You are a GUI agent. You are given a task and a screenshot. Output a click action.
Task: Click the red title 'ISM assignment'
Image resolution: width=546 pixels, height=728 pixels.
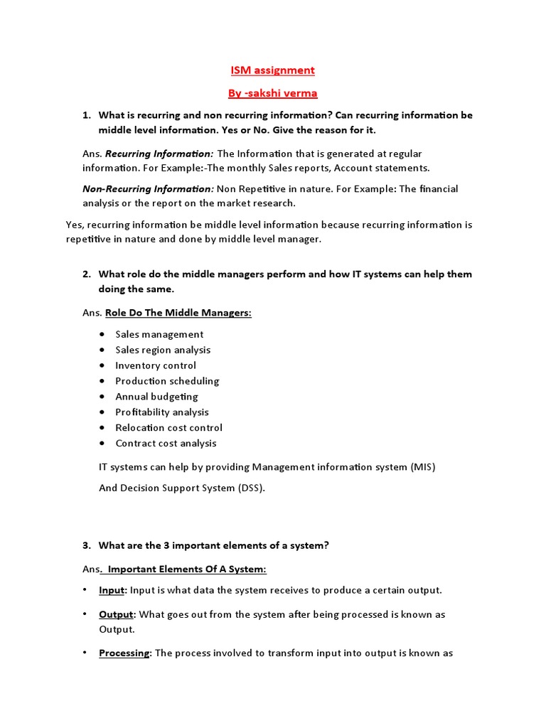(272, 70)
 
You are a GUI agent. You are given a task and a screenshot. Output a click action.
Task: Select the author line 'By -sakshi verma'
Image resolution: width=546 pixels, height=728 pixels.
(272, 92)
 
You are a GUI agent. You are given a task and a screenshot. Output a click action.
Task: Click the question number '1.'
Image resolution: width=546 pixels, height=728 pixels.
(87, 115)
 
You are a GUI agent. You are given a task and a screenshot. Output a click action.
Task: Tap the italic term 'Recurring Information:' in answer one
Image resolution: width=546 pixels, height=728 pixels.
(159, 154)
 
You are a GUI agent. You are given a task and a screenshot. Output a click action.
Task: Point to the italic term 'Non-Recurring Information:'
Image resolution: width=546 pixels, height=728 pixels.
(148, 189)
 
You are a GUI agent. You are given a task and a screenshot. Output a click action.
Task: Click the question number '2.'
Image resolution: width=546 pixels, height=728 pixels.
(87, 274)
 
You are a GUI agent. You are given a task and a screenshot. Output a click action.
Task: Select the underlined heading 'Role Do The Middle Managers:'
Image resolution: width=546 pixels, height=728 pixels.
(178, 313)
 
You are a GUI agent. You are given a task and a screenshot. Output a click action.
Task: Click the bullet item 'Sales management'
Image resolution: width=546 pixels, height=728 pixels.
(159, 334)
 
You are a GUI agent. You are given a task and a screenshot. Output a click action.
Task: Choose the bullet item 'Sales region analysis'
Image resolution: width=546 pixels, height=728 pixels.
(163, 350)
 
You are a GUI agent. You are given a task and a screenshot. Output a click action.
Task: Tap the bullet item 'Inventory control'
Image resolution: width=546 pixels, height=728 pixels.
(156, 365)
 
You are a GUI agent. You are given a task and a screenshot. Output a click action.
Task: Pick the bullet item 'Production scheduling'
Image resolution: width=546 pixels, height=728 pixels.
(167, 381)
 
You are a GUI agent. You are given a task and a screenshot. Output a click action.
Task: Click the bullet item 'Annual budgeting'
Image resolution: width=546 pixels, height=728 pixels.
(156, 397)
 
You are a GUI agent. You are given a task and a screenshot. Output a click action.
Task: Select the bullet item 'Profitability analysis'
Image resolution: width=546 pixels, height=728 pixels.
(162, 412)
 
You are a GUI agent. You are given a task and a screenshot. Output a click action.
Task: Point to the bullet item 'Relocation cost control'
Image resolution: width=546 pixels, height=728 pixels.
(168, 428)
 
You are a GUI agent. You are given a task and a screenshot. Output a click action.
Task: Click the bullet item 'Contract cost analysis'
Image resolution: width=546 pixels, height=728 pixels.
(166, 444)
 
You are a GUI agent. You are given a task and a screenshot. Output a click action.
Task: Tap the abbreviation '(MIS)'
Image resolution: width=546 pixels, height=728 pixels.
(422, 467)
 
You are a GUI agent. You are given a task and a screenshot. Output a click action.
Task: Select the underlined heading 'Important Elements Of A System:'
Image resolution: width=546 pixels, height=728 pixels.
(185, 569)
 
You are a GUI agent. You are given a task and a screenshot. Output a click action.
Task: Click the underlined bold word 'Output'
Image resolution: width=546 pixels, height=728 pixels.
(116, 614)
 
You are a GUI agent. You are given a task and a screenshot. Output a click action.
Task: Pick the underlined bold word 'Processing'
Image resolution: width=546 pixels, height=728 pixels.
(124, 653)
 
